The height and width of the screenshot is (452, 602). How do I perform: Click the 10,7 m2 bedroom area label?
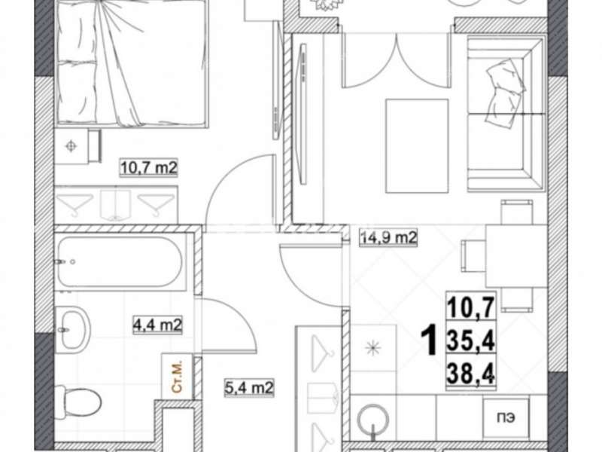[149, 168]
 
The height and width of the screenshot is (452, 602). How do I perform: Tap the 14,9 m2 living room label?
[388, 237]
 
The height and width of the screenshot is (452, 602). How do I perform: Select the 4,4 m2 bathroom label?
[157, 325]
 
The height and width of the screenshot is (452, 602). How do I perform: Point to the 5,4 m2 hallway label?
[249, 387]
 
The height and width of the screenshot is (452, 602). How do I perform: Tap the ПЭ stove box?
[506, 418]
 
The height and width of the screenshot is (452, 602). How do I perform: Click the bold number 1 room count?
[429, 340]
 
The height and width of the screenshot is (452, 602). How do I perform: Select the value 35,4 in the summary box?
[471, 341]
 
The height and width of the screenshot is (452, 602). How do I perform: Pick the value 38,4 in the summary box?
[471, 374]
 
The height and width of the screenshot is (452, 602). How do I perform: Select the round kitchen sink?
[373, 421]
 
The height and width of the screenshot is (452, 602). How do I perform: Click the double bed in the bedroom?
[131, 63]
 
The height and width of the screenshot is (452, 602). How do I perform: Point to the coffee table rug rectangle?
[417, 146]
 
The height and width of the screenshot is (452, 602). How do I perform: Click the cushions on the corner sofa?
[503, 93]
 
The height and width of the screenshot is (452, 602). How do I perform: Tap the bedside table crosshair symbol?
[71, 146]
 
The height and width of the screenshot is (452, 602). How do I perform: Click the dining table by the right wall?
[516, 255]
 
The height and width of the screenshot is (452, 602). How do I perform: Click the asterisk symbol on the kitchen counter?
[372, 349]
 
